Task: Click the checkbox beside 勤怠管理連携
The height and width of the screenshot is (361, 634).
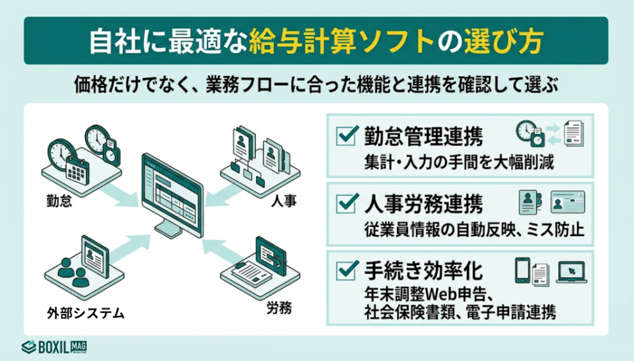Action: (x=345, y=135)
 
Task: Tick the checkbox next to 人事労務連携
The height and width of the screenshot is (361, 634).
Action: (x=345, y=202)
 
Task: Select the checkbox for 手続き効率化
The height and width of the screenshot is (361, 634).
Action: (x=345, y=270)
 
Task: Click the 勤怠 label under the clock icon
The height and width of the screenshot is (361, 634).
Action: (x=59, y=201)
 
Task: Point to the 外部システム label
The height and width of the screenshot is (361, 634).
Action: (x=85, y=313)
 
